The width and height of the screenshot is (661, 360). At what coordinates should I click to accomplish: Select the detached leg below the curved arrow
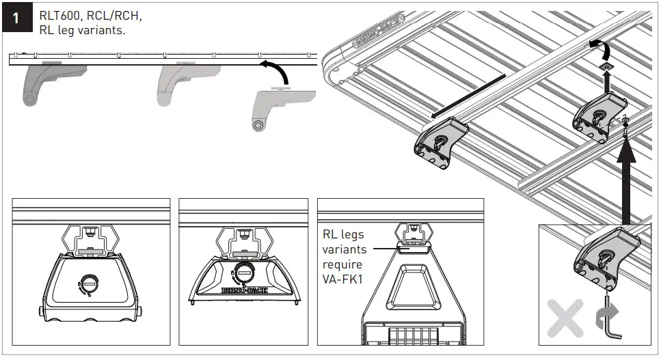(x=269, y=109)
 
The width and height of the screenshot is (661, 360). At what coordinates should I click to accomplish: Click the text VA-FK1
(x=345, y=279)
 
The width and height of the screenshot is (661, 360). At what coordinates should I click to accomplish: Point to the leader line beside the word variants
(x=383, y=249)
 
